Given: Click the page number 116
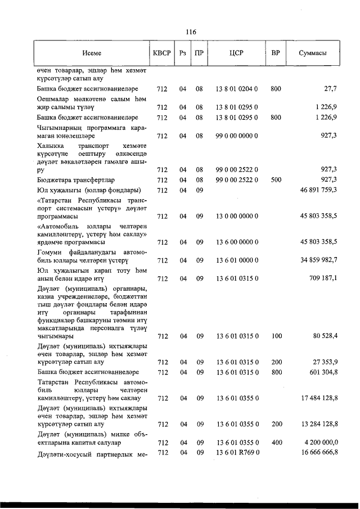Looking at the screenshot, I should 190,32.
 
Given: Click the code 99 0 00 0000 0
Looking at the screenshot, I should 236,136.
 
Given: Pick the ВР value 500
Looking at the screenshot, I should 276,179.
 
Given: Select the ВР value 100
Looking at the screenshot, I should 276,336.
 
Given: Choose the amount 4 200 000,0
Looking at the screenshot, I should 318,443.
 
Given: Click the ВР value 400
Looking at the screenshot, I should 276,443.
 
